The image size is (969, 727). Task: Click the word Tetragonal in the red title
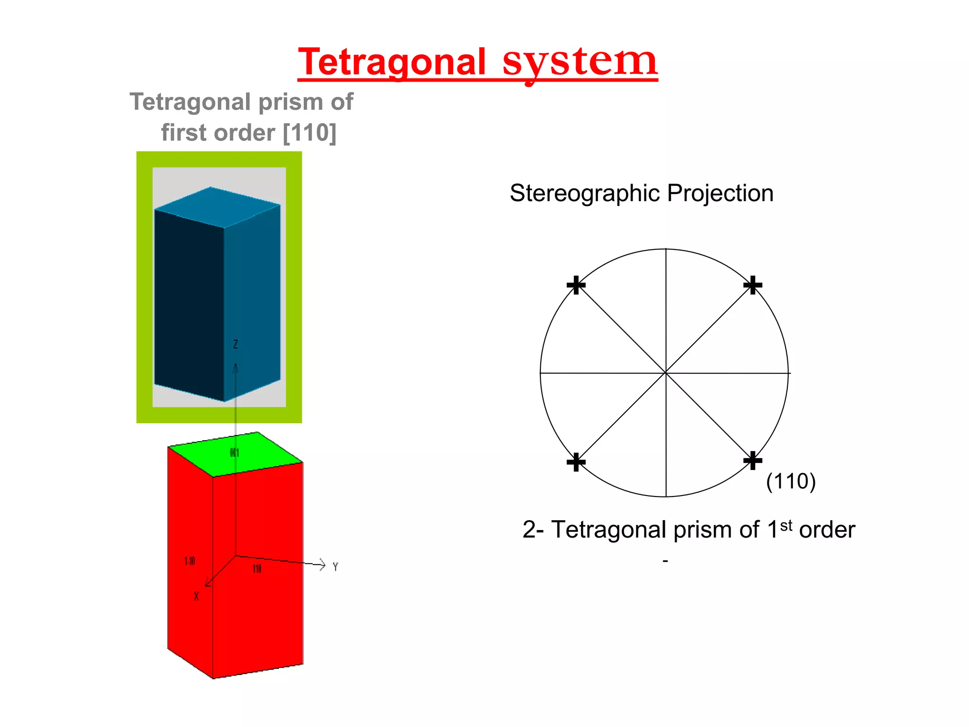pyautogui.click(x=392, y=62)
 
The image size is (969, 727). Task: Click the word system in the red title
pyautogui.click(x=580, y=62)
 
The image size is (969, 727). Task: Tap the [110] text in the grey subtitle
pyautogui.click(x=309, y=133)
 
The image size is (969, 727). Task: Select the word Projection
pyautogui.click(x=720, y=193)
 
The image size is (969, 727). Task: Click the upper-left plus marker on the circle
pyautogui.click(x=576, y=285)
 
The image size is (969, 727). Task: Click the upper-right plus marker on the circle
pyautogui.click(x=752, y=285)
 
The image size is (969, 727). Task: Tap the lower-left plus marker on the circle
pyautogui.click(x=576, y=462)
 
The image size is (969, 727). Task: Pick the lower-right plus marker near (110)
pyautogui.click(x=752, y=461)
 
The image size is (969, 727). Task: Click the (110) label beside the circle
pyautogui.click(x=791, y=481)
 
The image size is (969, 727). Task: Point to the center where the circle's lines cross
pyautogui.click(x=666, y=373)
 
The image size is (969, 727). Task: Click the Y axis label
pyautogui.click(x=335, y=567)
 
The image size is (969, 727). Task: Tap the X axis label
pyautogui.click(x=196, y=596)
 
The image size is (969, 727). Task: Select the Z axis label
pyautogui.click(x=235, y=344)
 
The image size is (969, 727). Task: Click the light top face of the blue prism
pyautogui.click(x=218, y=207)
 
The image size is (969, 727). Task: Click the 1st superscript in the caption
pyautogui.click(x=786, y=525)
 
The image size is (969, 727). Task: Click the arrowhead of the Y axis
pyautogui.click(x=323, y=564)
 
